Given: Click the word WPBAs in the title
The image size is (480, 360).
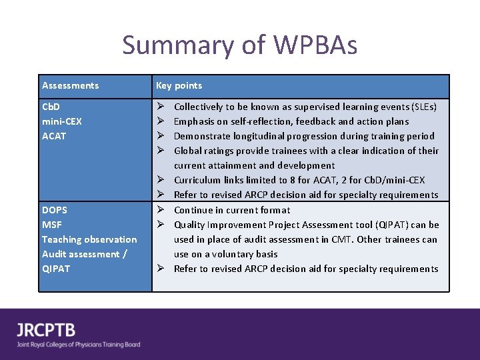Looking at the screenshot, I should click(314, 45).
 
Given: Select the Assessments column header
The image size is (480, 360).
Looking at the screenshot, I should click(70, 85).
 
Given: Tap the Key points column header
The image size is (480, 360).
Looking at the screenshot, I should click(179, 85).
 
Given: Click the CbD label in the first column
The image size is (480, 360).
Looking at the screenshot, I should click(51, 107).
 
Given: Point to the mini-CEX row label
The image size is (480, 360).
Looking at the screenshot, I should click(61, 121).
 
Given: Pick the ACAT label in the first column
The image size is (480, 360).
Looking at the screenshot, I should click(54, 136).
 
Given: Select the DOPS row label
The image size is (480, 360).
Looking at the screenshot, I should click(55, 210).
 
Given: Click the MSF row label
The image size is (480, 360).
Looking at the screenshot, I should click(51, 225).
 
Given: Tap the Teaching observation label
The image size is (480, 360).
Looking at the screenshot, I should click(89, 239).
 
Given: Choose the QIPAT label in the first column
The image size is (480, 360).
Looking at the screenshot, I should click(56, 269).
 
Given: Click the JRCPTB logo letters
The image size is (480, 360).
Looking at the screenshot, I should click(47, 329).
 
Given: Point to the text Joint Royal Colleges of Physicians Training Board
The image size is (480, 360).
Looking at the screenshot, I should click(79, 345).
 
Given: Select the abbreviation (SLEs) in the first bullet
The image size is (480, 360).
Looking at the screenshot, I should click(425, 107).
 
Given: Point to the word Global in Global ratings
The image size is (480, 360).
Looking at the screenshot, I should click(187, 151).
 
